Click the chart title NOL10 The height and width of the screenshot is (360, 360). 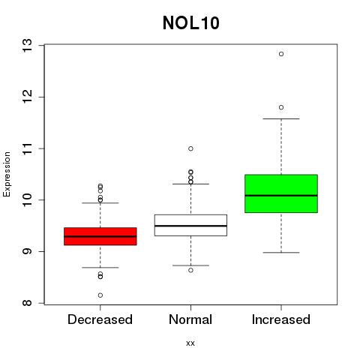[x=191, y=22]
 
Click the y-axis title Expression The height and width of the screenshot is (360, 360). [x=7, y=175]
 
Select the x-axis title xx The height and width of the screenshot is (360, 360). [x=190, y=343]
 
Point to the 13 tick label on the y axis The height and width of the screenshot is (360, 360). [x=27, y=45]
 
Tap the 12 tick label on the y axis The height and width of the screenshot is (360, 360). [x=27, y=97]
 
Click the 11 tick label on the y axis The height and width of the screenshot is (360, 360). [x=27, y=148]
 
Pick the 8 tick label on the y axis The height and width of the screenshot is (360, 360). [x=27, y=303]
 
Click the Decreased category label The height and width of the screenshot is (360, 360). [x=100, y=319]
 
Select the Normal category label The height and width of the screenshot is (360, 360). [x=190, y=319]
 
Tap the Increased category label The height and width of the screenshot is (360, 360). [x=281, y=319]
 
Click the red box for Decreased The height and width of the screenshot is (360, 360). [x=100, y=236]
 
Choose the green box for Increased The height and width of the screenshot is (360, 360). [x=281, y=193]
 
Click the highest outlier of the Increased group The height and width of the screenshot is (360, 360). [x=281, y=54]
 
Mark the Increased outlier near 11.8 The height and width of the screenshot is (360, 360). [x=281, y=107]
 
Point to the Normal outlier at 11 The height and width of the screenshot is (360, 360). [x=190, y=148]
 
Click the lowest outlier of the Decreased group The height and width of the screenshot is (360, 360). [x=100, y=295]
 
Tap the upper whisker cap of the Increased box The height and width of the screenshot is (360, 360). [x=281, y=118]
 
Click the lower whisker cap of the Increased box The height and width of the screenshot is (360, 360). [x=281, y=253]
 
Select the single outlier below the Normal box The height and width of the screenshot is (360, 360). [x=190, y=270]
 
